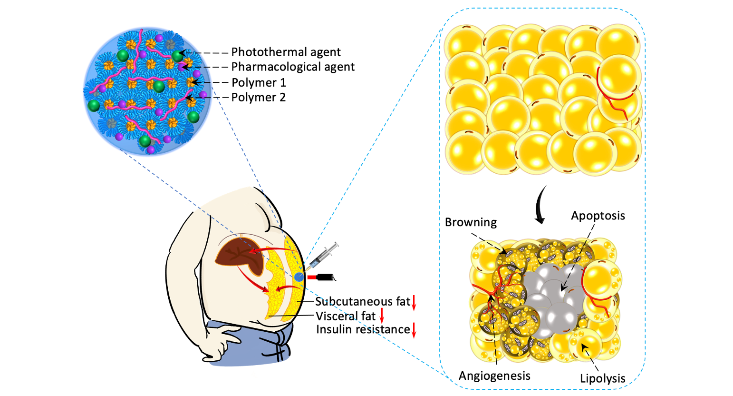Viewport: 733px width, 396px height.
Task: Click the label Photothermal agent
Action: (x=286, y=52)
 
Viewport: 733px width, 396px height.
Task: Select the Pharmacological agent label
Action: (x=293, y=67)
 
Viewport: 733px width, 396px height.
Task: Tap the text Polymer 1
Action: (x=259, y=82)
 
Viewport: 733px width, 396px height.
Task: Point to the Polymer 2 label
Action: (x=259, y=97)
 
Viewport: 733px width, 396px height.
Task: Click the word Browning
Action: (x=471, y=222)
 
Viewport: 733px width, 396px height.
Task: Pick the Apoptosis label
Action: (x=598, y=216)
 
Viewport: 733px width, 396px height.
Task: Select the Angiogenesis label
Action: (x=494, y=376)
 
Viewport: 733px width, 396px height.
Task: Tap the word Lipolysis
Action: (x=602, y=378)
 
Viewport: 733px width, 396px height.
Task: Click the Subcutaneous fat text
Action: (x=362, y=301)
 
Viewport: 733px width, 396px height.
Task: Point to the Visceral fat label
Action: (x=346, y=316)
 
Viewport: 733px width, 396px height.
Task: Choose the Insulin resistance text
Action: (x=363, y=329)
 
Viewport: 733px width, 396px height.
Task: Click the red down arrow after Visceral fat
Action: (x=381, y=316)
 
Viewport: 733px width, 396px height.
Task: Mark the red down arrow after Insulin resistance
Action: (x=414, y=330)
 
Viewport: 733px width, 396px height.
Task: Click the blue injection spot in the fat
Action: (x=299, y=277)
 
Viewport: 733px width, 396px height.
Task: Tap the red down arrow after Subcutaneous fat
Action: (x=414, y=302)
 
